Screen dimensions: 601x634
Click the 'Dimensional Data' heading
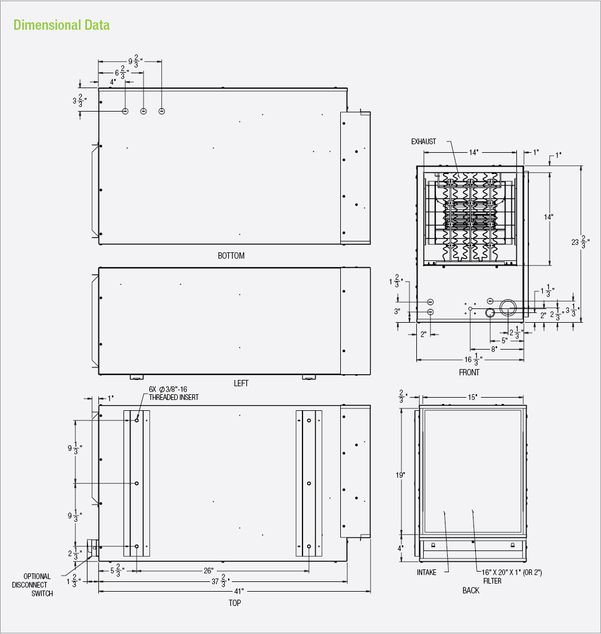point(61,25)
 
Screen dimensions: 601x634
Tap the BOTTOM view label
point(231,256)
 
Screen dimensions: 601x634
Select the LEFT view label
point(241,383)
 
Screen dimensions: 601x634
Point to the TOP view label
point(235,603)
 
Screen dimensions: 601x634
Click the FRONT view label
point(469,373)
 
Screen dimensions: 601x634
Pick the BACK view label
point(471,591)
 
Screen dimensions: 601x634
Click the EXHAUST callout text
point(424,141)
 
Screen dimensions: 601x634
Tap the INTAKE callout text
point(427,572)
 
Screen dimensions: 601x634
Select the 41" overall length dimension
point(239,591)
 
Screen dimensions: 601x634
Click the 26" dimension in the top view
point(209,570)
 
